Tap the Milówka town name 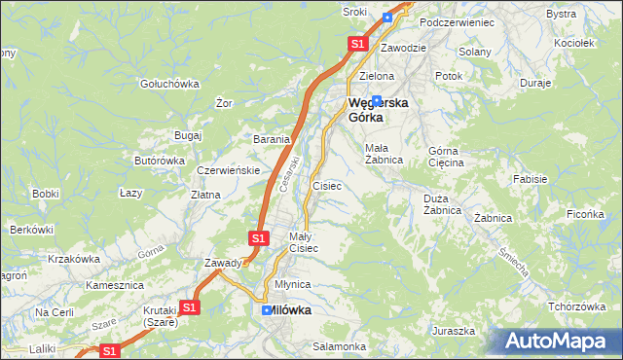point(290,310)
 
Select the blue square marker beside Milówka point(267,310)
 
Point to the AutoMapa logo point(557,342)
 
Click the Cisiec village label point(326,185)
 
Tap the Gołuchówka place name point(169,84)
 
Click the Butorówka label point(160,161)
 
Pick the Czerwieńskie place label point(228,170)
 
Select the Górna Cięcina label point(448,157)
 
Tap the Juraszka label point(455,331)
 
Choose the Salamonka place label point(339,346)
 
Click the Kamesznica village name point(115,286)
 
